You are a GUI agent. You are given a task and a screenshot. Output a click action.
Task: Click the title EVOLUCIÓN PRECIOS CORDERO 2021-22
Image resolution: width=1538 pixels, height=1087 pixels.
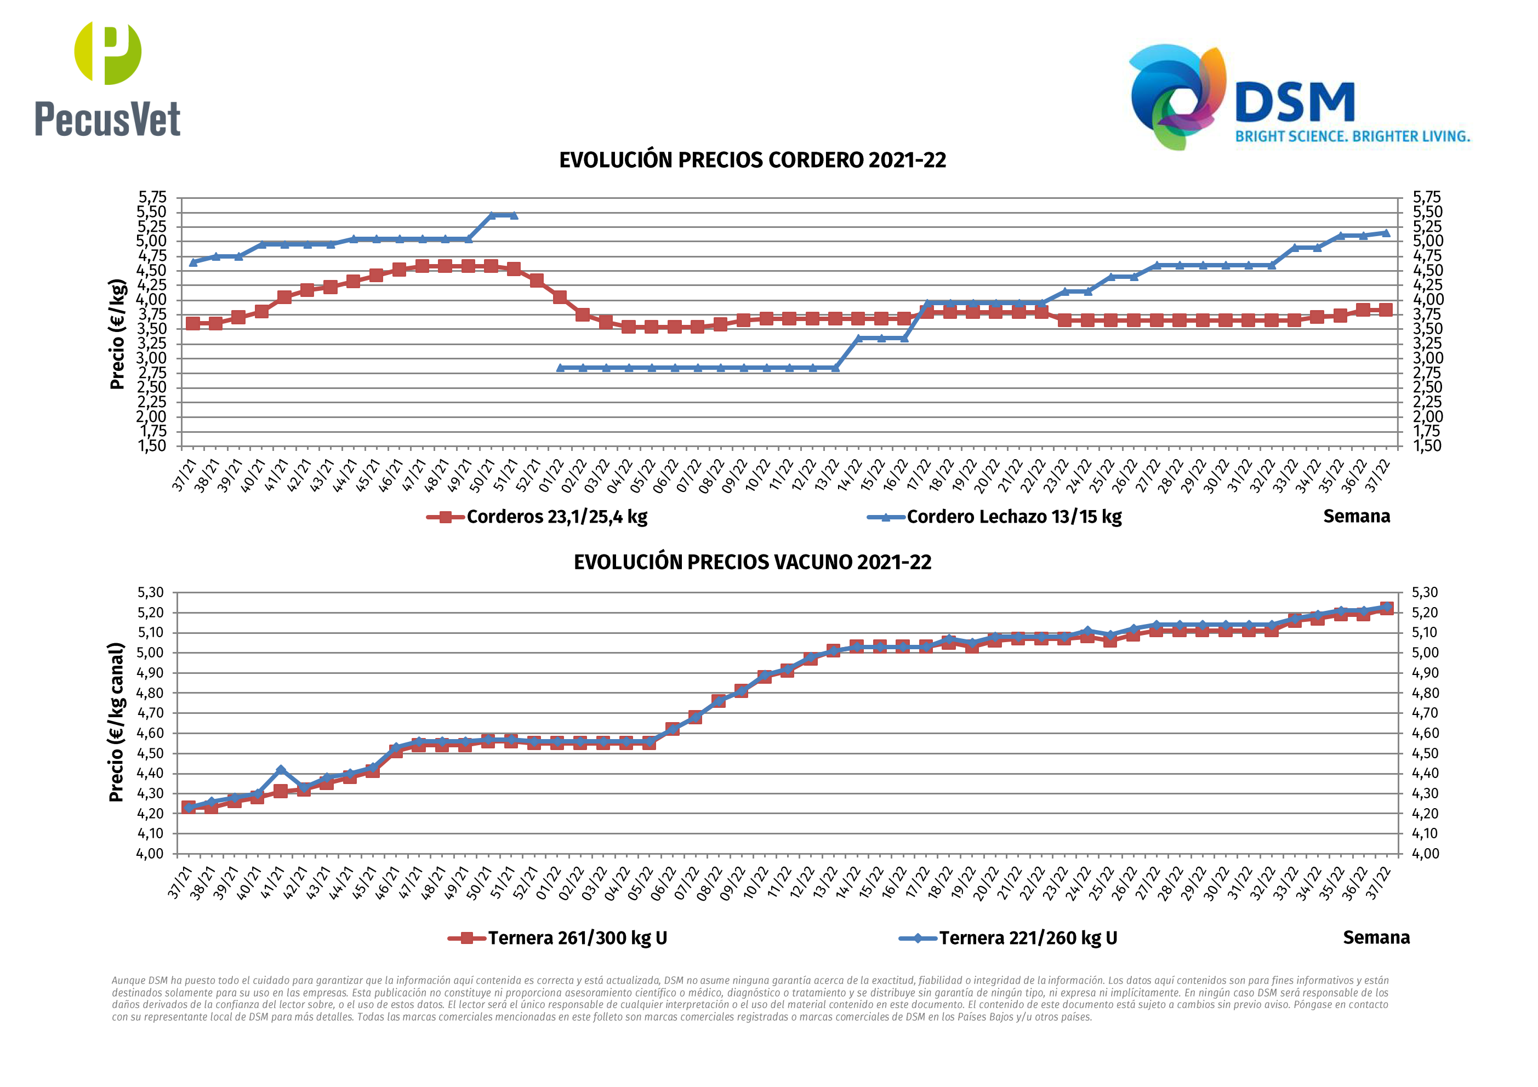752,161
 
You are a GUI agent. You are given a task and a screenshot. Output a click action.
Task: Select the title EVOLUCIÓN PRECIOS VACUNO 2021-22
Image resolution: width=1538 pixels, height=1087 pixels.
752,562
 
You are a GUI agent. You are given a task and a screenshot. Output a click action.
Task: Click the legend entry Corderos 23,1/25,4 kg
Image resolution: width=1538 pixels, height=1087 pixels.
556,517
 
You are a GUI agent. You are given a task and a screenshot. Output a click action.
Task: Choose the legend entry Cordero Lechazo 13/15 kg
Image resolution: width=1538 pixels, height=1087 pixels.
1013,517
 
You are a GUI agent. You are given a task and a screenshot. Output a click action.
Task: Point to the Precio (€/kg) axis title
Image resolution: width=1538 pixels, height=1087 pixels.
117,334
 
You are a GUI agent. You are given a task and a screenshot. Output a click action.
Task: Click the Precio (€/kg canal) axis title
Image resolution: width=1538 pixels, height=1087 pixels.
117,722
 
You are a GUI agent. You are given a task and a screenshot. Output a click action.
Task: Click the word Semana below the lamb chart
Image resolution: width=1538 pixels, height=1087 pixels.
1356,516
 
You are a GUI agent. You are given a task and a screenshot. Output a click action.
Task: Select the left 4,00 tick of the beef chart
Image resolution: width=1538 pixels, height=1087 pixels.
150,854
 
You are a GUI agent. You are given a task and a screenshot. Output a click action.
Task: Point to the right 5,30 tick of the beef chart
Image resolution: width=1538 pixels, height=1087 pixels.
1425,593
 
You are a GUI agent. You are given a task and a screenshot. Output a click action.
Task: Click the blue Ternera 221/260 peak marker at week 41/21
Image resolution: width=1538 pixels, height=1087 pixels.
281,770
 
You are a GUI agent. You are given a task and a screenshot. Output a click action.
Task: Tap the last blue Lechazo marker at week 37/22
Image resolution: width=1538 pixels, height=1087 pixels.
1385,233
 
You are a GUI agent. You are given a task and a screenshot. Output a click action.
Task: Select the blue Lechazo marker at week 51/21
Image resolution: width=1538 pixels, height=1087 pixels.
513,215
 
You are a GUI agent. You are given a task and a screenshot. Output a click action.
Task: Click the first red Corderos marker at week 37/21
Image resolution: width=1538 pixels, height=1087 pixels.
193,323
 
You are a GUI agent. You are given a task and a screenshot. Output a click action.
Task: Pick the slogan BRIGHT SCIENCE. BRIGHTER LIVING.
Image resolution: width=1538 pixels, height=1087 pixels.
1352,136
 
